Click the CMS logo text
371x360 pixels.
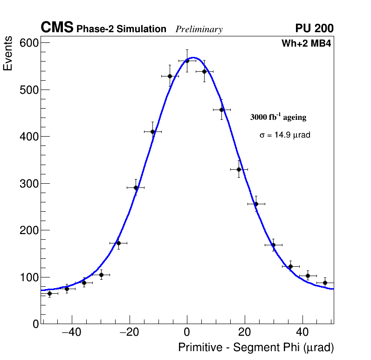(57, 28)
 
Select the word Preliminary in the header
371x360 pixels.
(199, 29)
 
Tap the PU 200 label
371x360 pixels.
(314, 28)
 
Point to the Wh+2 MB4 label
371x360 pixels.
(306, 44)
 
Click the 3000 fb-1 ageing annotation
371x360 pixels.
(278, 117)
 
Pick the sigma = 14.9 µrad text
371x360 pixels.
(285, 135)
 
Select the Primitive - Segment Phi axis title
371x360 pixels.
(256, 348)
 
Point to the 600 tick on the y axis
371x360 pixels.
(29, 43)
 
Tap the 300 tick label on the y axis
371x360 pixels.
(29, 183)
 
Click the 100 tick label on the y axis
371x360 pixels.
(29, 277)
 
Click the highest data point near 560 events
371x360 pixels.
(187, 61)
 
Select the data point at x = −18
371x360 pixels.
(136, 187)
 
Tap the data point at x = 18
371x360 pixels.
(239, 169)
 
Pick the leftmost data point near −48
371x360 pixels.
(49, 293)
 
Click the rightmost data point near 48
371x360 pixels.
(325, 283)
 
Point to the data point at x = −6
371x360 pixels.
(170, 76)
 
